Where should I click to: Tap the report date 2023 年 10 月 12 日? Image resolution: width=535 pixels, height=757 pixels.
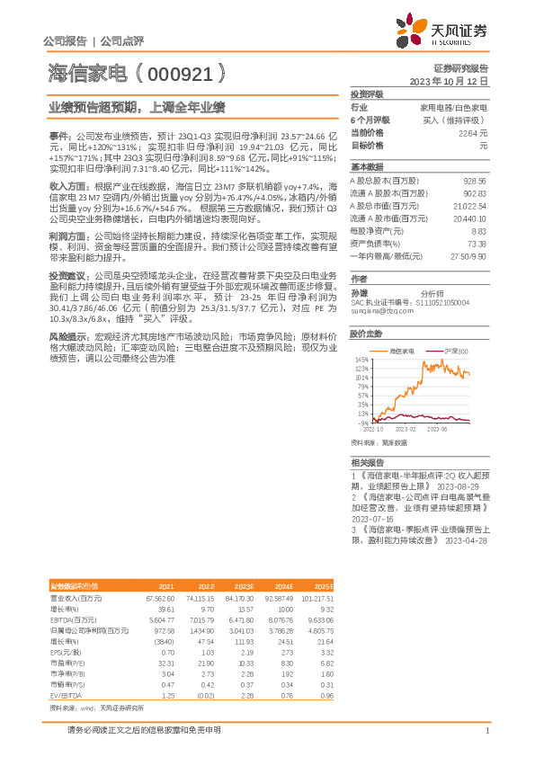click(x=449, y=81)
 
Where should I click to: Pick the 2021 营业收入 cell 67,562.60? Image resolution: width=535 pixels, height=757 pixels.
click(x=158, y=597)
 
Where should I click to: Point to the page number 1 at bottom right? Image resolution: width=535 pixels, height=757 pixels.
click(x=486, y=730)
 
